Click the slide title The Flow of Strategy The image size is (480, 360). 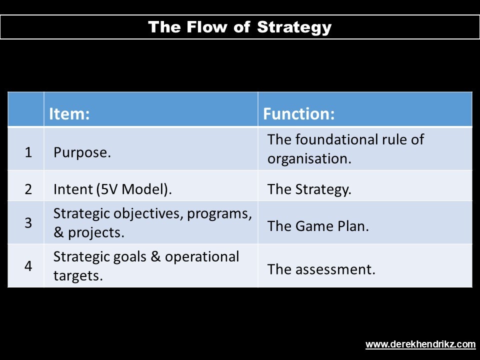click(x=239, y=27)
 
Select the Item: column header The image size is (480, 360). click(x=69, y=113)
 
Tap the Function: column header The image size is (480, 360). click(x=299, y=113)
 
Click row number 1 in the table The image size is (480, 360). click(x=28, y=152)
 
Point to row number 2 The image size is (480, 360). click(x=28, y=189)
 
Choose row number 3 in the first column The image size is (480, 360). click(x=28, y=222)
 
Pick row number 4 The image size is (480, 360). click(x=28, y=265)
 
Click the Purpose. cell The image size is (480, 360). click(x=82, y=152)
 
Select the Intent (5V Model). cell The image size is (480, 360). click(x=112, y=189)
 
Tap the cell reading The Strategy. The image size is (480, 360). click(x=309, y=189)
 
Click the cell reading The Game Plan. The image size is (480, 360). click(x=318, y=226)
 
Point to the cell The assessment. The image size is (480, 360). click(x=321, y=269)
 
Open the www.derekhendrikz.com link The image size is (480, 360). click(x=420, y=344)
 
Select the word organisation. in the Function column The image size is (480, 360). click(x=309, y=159)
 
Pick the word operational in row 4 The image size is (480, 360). click(x=202, y=257)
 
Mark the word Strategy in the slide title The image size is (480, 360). click(x=294, y=27)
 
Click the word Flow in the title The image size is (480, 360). click(x=206, y=27)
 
